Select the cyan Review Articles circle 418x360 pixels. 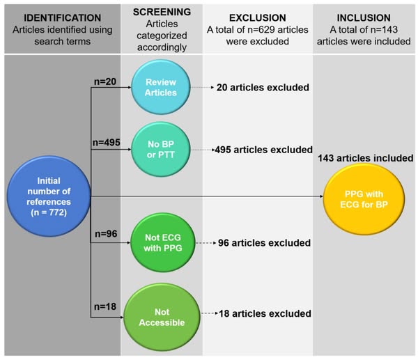click(161, 88)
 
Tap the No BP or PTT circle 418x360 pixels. click(161, 149)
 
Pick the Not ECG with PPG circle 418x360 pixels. click(161, 243)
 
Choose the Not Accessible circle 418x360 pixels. click(161, 313)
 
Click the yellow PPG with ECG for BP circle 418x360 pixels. click(362, 197)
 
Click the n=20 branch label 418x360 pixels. click(104, 81)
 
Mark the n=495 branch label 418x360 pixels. click(107, 142)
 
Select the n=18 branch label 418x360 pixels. click(104, 306)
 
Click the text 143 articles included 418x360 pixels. click(365, 158)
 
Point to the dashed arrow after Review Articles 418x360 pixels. click(202, 88)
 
